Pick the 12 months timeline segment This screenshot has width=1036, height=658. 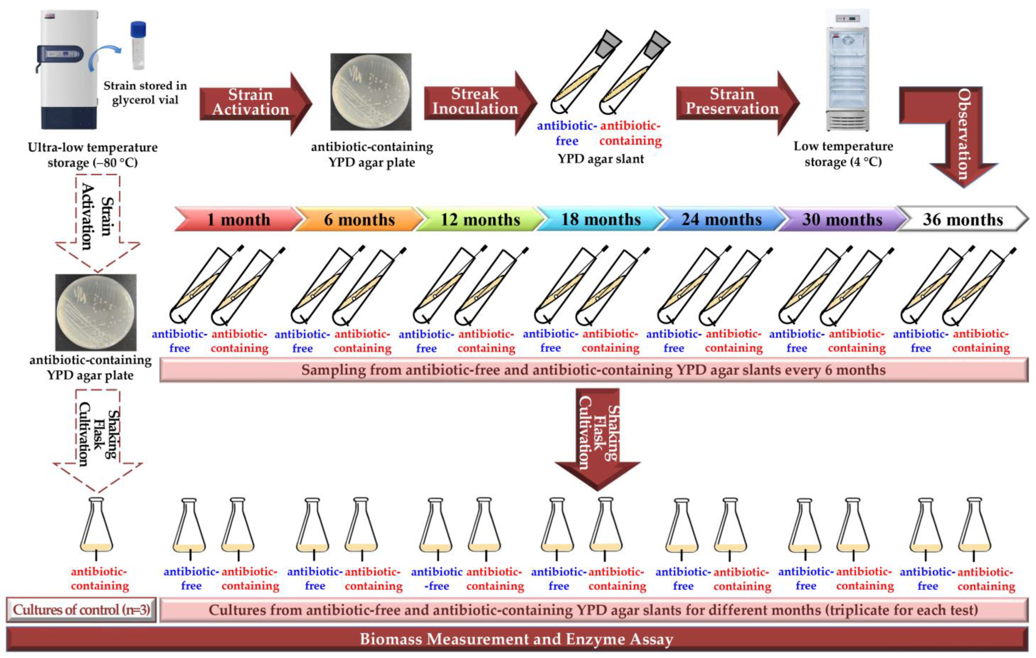(x=480, y=220)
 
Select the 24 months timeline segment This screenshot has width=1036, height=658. (x=721, y=220)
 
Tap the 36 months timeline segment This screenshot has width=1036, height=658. (x=962, y=220)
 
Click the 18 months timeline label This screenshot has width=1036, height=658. (x=601, y=220)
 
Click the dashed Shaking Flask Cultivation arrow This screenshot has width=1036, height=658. (x=98, y=439)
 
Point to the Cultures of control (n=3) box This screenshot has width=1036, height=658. (x=81, y=610)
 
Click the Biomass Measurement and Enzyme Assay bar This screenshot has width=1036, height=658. (x=516, y=639)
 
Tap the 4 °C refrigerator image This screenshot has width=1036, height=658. (x=847, y=71)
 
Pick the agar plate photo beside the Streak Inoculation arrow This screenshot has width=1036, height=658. (x=371, y=92)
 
